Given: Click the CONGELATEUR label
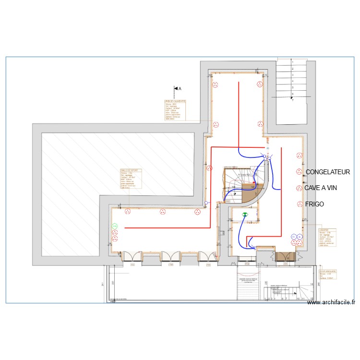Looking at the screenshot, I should (x=328, y=172).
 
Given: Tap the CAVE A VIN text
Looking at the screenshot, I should (x=321, y=188).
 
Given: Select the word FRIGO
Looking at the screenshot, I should (x=314, y=204).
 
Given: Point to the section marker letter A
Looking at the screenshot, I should (x=180, y=89).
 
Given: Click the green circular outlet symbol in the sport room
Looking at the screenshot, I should (x=115, y=226).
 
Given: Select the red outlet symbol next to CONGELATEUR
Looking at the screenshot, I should (x=299, y=172).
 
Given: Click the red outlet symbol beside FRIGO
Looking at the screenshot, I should (x=299, y=204).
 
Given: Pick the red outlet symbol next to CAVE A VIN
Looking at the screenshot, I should (x=299, y=188).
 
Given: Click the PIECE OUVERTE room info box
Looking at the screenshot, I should (x=175, y=110).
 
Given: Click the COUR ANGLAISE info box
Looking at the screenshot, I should (x=328, y=274).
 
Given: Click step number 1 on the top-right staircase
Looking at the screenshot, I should (x=292, y=63).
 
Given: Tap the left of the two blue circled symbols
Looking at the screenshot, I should (x=293, y=237).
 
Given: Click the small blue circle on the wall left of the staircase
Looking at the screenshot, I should (x=206, y=203).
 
